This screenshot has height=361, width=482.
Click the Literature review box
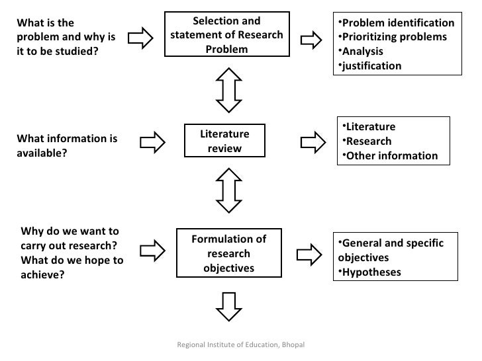225,141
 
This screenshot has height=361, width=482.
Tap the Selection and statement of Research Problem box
227,36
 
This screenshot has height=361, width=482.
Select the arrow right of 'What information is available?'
153,141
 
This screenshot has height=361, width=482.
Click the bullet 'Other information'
393,156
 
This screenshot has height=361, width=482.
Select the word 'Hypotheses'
371,272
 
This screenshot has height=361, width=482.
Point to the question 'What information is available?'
66,147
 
